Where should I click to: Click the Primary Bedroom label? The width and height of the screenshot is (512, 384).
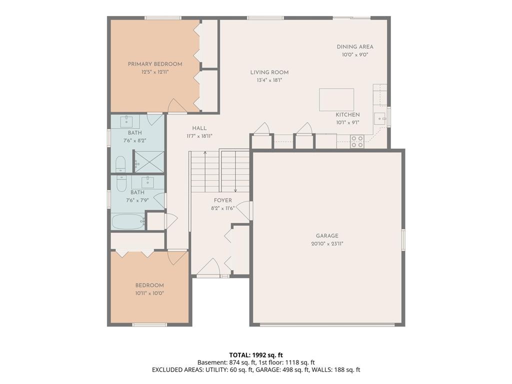click(155, 64)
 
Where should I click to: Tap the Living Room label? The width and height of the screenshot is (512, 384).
click(269, 72)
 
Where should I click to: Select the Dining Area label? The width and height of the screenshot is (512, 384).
click(355, 46)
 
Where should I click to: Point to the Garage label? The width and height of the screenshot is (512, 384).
click(327, 236)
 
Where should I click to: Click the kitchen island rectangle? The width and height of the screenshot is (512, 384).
click(336, 99)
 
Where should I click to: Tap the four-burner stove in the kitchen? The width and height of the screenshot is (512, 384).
click(357, 141)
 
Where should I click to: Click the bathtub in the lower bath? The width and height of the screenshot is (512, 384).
click(128, 222)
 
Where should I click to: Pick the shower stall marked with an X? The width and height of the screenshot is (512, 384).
click(149, 161)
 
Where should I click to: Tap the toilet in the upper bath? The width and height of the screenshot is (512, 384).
click(120, 164)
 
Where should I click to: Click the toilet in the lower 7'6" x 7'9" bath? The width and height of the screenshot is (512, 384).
click(121, 183)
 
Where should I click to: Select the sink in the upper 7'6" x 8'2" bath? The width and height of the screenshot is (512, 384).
click(126, 121)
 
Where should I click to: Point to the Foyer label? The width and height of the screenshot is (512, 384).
click(223, 200)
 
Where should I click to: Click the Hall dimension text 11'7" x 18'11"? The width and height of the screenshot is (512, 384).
click(199, 136)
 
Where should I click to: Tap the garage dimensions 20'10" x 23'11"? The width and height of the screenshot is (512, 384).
click(327, 243)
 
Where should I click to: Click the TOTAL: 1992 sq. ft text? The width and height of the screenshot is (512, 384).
click(256, 355)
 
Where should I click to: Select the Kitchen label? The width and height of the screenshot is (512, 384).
click(348, 114)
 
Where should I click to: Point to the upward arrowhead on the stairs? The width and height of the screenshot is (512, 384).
click(205, 152)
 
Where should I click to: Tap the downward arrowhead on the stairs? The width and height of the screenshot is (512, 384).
click(235, 190)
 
